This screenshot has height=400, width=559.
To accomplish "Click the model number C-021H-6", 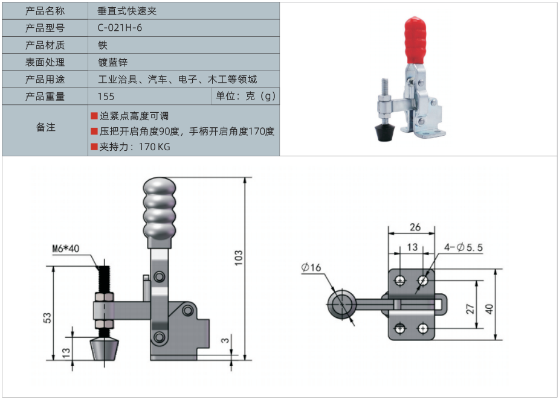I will [120, 28].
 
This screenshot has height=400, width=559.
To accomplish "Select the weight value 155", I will [106, 97].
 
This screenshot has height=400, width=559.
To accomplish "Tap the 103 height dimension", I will [239, 259].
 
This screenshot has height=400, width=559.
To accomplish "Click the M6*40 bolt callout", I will [66, 248].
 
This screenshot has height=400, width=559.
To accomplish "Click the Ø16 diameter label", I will [311, 267].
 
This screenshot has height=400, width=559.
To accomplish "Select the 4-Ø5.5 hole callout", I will [464, 247].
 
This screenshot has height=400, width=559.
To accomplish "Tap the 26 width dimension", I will [415, 227].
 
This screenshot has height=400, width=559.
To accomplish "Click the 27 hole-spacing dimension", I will [470, 309].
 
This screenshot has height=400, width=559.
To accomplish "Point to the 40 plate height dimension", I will [489, 309].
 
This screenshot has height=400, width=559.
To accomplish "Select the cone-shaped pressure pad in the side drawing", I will [105, 349].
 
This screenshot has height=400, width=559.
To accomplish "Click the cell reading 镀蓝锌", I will [112, 62].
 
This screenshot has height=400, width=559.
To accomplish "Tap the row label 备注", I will [45, 127].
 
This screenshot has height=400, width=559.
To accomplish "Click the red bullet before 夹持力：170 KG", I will [94, 147].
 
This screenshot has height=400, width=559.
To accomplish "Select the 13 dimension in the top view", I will [412, 247].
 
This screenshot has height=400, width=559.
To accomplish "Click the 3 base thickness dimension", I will [225, 341].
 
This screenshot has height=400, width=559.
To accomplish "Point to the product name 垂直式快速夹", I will [126, 11].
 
